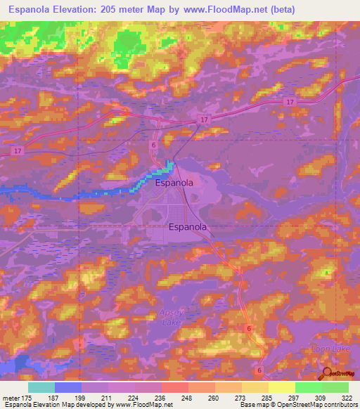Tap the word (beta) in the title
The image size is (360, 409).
pyautogui.click(x=279, y=10)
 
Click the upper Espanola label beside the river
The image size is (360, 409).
pyautogui.click(x=174, y=183)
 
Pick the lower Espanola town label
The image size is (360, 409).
pyautogui.click(x=188, y=227)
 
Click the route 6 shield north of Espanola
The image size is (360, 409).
pyautogui.click(x=153, y=145)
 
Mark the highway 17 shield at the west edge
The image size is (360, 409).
pyautogui.click(x=15, y=150)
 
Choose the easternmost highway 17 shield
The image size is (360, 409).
pyautogui.click(x=290, y=103)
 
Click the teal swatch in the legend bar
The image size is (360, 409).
pyautogui.click(x=41, y=387)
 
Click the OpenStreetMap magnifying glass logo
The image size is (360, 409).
pyautogui.click(x=326, y=375)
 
